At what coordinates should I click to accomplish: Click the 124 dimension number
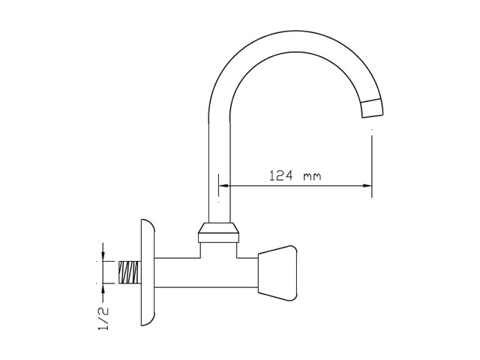coord(281,175)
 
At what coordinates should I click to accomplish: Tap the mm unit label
coord(312,177)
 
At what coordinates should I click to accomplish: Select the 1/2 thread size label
coord(103,318)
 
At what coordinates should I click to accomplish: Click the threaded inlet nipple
coord(130,272)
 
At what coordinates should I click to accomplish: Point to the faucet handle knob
coord(277,273)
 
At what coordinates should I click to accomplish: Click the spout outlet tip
coord(372,108)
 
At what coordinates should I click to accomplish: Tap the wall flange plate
coord(148,272)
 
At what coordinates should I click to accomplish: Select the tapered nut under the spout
coord(218,228)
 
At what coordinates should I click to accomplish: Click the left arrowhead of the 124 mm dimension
coord(224,185)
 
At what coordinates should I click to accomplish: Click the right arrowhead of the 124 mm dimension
coord(367,185)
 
